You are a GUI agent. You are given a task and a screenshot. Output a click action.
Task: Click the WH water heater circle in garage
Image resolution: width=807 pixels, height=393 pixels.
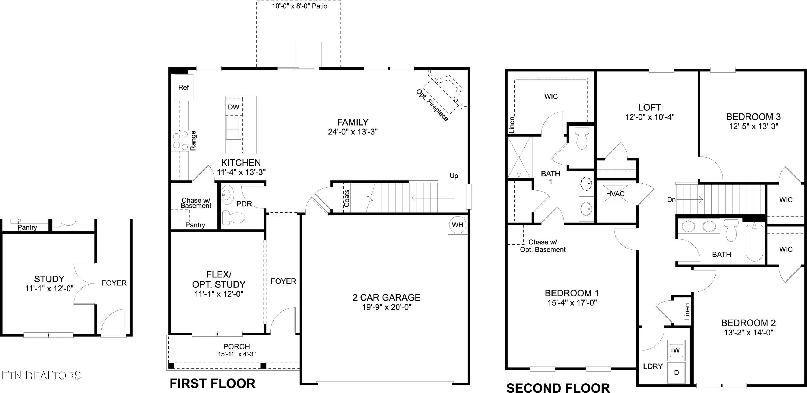pyautogui.click(x=458, y=225)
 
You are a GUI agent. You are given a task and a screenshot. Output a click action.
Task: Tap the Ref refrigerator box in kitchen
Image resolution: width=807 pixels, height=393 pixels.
pyautogui.click(x=183, y=87)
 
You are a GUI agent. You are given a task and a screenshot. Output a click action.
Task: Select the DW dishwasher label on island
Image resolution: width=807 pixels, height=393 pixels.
pyautogui.click(x=233, y=107)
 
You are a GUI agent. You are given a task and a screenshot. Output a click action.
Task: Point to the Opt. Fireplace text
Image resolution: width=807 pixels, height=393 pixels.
pyautogui.click(x=432, y=105)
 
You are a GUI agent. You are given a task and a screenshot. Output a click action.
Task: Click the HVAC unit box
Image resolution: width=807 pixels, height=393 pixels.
pyautogui.click(x=615, y=194)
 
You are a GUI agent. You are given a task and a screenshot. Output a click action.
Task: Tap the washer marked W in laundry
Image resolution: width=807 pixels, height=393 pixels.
pyautogui.click(x=676, y=351)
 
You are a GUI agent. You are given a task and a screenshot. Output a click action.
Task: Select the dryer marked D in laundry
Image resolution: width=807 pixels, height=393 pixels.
pyautogui.click(x=676, y=373)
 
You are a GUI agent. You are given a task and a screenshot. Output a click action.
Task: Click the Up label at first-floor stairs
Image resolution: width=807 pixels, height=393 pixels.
pyautogui.click(x=454, y=176)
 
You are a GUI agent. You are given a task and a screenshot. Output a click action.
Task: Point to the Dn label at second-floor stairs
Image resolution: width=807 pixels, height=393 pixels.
pyautogui.click(x=671, y=199)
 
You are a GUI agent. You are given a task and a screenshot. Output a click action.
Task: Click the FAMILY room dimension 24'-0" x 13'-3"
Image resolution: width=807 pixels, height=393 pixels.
pyautogui.click(x=353, y=132)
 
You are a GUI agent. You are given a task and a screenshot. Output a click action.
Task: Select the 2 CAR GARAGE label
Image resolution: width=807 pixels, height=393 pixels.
pyautogui.click(x=386, y=297)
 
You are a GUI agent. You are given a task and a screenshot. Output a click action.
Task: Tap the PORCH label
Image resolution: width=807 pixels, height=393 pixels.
pyautogui.click(x=236, y=347)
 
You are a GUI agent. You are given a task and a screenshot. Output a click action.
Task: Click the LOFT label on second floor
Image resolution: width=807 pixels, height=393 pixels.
pyautogui.click(x=649, y=108)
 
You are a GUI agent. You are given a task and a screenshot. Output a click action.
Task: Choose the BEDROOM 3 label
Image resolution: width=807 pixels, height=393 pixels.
pyautogui.click(x=753, y=117)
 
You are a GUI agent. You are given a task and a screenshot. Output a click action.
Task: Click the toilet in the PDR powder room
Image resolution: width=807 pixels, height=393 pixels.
pyautogui.click(x=233, y=218)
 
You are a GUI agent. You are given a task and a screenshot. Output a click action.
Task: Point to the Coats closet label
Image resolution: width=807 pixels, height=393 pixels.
pyautogui.click(x=346, y=198)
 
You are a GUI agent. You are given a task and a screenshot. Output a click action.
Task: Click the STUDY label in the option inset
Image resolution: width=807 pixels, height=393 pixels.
pyautogui.click(x=49, y=279)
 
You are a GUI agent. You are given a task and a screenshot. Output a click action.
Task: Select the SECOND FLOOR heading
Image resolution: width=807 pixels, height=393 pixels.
pyautogui.click(x=558, y=388)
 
